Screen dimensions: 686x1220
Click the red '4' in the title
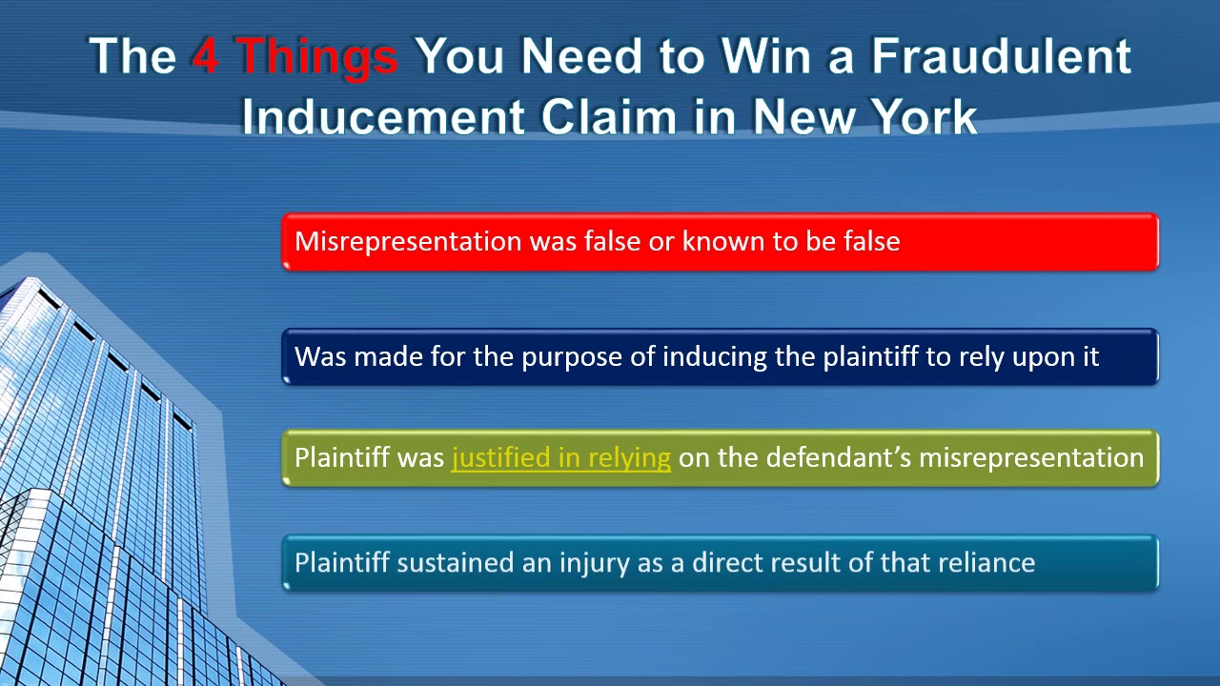(207, 56)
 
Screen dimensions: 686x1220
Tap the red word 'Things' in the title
(317, 56)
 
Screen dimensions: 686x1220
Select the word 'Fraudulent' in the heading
(1001, 56)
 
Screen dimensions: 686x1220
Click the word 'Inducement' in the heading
(382, 117)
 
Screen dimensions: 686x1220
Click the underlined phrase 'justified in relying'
(560, 458)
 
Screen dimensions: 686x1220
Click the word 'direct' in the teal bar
(728, 563)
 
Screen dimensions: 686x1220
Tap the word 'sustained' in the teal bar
(455, 563)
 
